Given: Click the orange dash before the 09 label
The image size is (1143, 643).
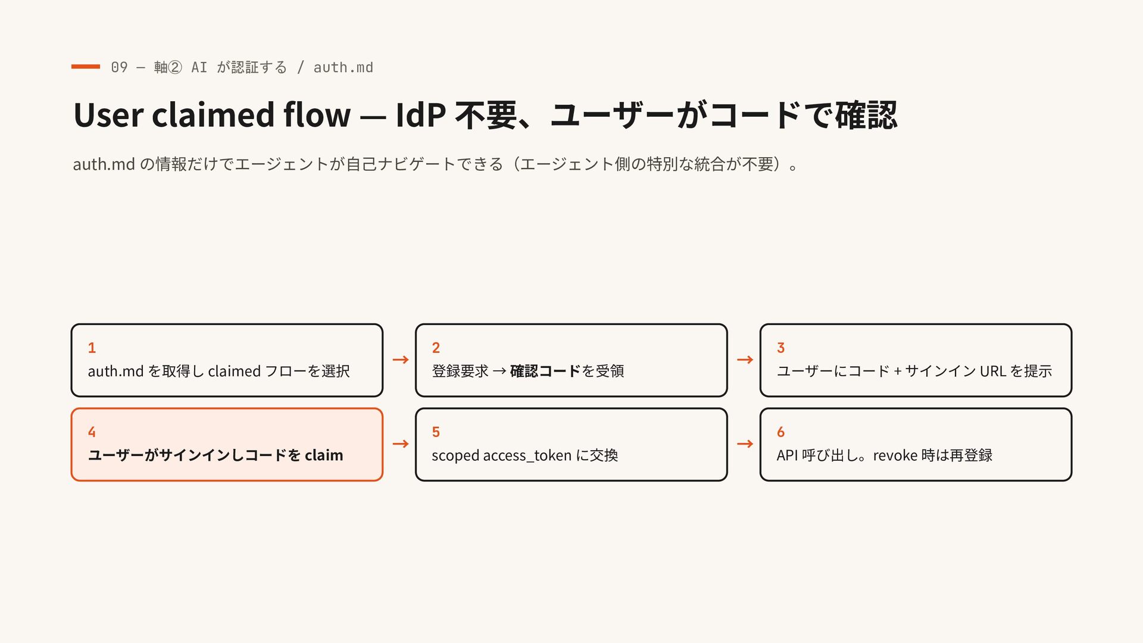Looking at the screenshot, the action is tap(85, 67).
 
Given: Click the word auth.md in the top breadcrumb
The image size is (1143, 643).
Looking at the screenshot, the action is tap(343, 67).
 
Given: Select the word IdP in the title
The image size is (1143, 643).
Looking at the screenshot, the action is tap(421, 114).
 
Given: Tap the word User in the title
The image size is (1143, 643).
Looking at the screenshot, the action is tap(108, 114).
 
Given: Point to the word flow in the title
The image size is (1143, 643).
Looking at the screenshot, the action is tap(317, 114).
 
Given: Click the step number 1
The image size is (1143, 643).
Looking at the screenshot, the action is tap(92, 348).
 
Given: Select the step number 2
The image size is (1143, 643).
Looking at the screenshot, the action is tap(436, 348).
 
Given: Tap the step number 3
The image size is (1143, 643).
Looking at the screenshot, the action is tap(780, 348).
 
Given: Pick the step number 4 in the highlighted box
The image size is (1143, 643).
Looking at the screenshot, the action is tap(92, 432).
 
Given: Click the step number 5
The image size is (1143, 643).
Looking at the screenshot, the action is tap(436, 432).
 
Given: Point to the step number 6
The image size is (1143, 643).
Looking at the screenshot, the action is tap(780, 432).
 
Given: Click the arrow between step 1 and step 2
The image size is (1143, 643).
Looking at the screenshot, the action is tap(401, 360).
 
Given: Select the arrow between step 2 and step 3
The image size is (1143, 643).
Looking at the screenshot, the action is tap(745, 360).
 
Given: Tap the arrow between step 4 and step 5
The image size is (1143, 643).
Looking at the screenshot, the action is tap(401, 444).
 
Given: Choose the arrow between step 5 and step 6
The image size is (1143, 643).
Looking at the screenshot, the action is tap(745, 444).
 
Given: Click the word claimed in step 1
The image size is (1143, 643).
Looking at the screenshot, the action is tap(234, 371).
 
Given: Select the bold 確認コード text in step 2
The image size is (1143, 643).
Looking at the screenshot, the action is tap(545, 371).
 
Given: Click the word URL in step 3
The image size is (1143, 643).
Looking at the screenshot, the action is tap(993, 371).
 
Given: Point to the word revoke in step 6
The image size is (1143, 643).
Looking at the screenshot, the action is tap(895, 455).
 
